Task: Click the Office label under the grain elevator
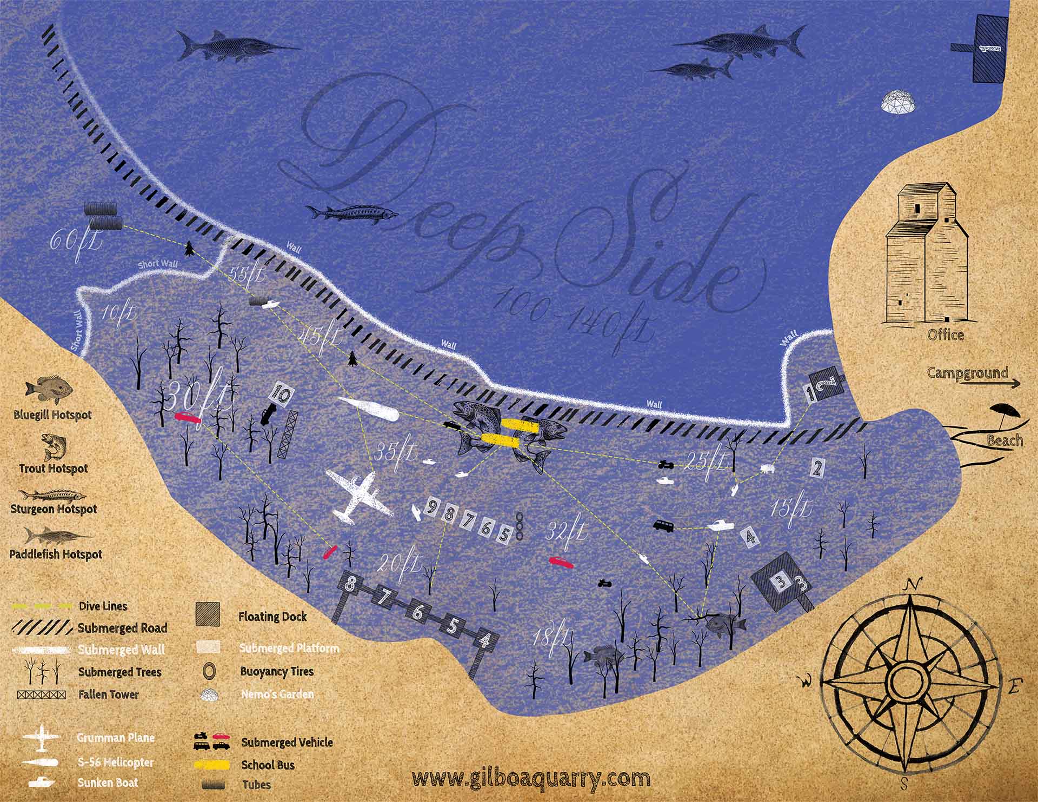(946, 335)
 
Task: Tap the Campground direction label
(968, 372)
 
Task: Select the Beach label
(1004, 440)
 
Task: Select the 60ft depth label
(76, 241)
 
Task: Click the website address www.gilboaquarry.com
(530, 779)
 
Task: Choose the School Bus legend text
(268, 765)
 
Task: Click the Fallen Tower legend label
(108, 694)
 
